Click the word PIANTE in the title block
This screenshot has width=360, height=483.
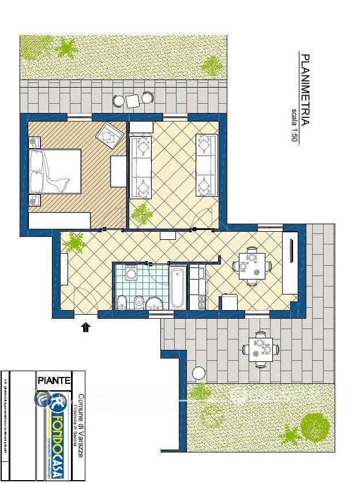point(54,380)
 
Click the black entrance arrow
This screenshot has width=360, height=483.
point(86,327)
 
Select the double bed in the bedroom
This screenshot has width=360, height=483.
point(55,171)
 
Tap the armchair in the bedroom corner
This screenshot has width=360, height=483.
point(109,135)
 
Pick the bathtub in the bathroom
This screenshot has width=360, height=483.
point(178,287)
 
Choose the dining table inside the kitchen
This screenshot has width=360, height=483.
point(250,266)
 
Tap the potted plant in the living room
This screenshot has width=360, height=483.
point(141,214)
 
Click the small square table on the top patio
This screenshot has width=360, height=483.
point(133,101)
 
